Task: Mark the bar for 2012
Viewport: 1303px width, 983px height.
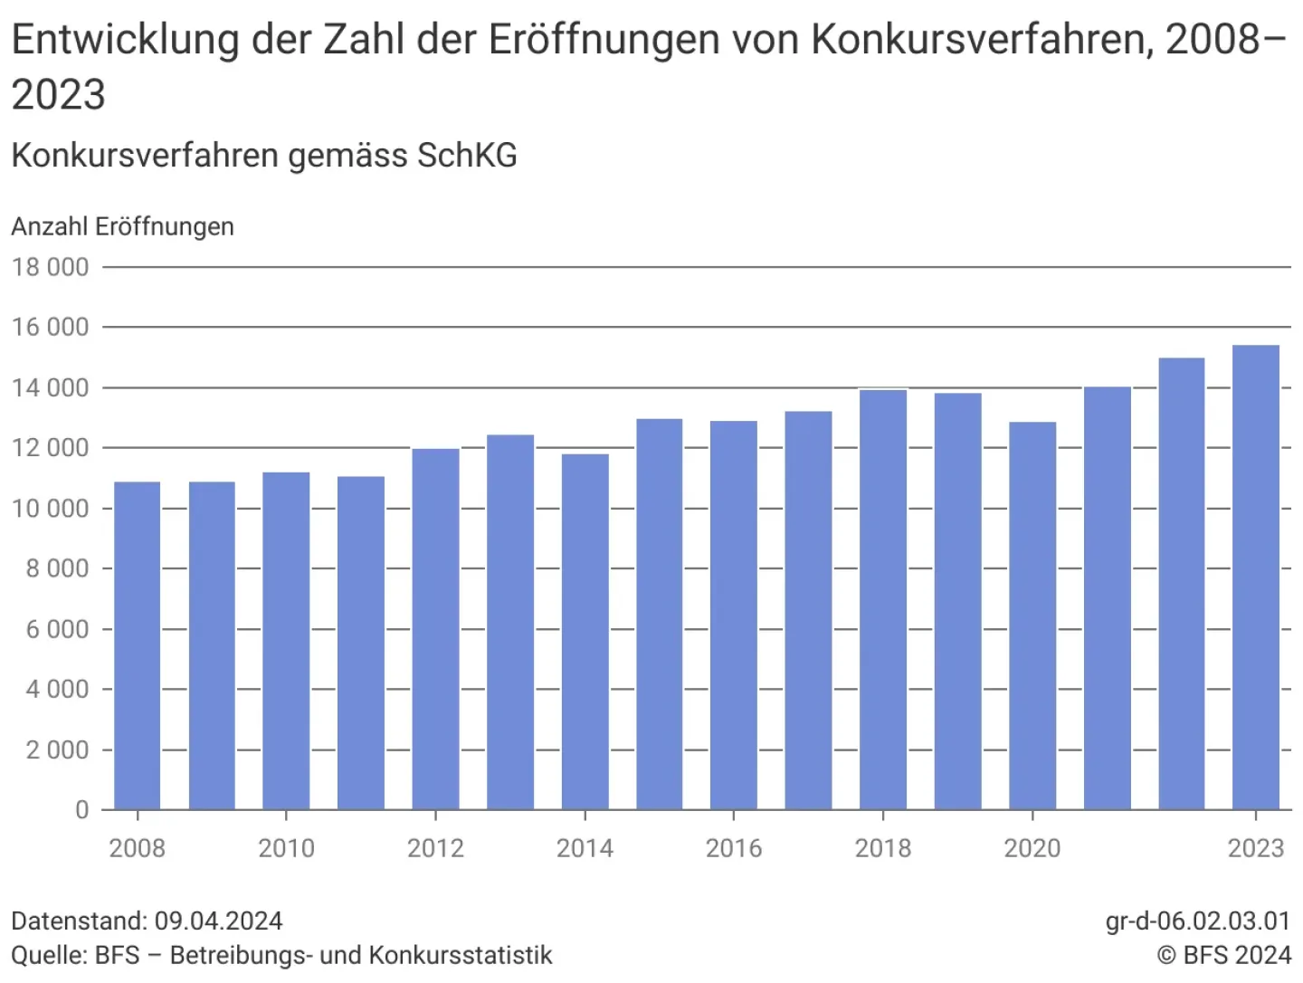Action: pyautogui.click(x=435, y=629)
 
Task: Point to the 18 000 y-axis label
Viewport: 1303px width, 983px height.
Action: pyautogui.click(x=51, y=267)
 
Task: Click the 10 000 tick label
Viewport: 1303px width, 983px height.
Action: pyautogui.click(x=51, y=509)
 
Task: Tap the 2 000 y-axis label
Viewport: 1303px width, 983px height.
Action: pyautogui.click(x=57, y=750)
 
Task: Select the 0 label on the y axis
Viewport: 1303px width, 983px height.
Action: pyautogui.click(x=81, y=810)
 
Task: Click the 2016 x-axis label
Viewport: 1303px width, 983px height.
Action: pyautogui.click(x=734, y=848)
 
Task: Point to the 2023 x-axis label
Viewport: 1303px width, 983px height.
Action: pyautogui.click(x=1256, y=848)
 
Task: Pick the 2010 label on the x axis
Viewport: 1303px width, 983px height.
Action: pyautogui.click(x=286, y=848)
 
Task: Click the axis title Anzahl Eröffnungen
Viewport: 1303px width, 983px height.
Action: pyautogui.click(x=123, y=226)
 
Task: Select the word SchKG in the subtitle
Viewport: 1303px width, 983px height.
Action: pyautogui.click(x=467, y=156)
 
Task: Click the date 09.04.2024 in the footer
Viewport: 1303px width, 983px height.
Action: pyautogui.click(x=218, y=921)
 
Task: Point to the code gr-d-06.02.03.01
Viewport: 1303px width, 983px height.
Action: pyautogui.click(x=1198, y=921)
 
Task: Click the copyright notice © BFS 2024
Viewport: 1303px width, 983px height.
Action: pyautogui.click(x=1223, y=955)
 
